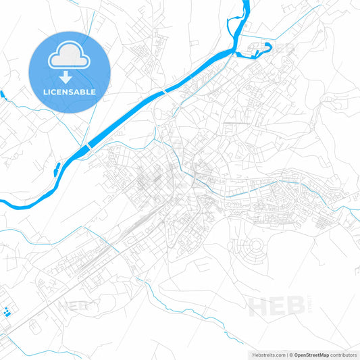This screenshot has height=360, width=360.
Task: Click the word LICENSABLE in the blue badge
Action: (x=70, y=91)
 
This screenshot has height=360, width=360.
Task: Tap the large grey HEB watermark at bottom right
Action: (x=273, y=307)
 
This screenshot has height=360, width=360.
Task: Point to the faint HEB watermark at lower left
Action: (x=73, y=306)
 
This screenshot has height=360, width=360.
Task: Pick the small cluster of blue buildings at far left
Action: (x=7, y=312)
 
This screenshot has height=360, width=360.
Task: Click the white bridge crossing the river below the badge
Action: (x=88, y=146)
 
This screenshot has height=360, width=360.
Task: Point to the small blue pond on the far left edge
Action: (x=2, y=94)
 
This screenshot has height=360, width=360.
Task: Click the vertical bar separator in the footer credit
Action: (x=288, y=355)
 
